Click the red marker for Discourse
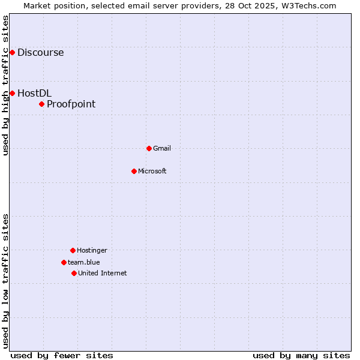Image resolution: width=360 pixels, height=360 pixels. pyautogui.click(x=12, y=53)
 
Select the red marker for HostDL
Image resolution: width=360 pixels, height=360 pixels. pyautogui.click(x=12, y=93)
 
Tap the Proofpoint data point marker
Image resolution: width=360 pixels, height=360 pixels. pyautogui.click(x=41, y=104)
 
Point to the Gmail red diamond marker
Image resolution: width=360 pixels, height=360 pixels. pyautogui.click(x=149, y=148)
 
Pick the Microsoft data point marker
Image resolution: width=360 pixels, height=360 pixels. pyautogui.click(x=134, y=171)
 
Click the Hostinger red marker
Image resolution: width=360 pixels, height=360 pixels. pyautogui.click(x=73, y=250)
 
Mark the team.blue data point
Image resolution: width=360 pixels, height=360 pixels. pyautogui.click(x=64, y=262)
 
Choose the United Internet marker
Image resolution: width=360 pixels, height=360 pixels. pyautogui.click(x=74, y=273)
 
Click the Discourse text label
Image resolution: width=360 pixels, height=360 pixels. pyautogui.click(x=40, y=53)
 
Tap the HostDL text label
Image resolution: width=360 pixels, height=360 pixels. pyautogui.click(x=34, y=93)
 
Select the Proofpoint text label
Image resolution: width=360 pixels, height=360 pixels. pyautogui.click(x=71, y=104)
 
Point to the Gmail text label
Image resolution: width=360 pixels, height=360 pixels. pyautogui.click(x=162, y=148)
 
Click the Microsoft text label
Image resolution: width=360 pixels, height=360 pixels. pyautogui.click(x=152, y=171)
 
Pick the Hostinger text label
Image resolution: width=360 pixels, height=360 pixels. pyautogui.click(x=92, y=250)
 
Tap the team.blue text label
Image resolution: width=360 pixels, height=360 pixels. pyautogui.click(x=84, y=262)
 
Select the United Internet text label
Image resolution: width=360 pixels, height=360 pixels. pyautogui.click(x=103, y=273)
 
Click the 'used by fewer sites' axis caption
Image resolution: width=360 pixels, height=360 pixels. pyautogui.click(x=62, y=355)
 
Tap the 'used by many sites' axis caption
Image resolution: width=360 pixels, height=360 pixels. pyautogui.click(x=301, y=355)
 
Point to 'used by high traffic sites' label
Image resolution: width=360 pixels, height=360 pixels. pyautogui.click(x=5, y=85)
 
